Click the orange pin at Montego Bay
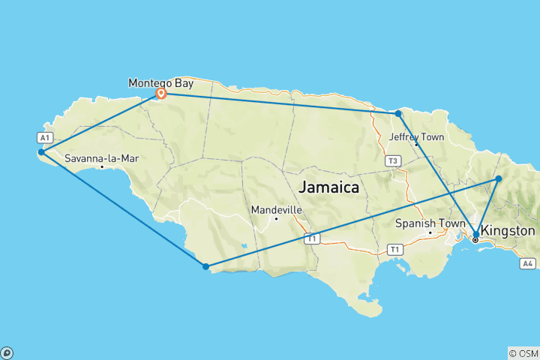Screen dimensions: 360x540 (160, 93)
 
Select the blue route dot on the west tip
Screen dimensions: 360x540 (41, 152)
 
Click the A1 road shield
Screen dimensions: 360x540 (44, 137)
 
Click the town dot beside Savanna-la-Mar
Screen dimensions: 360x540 (102, 166)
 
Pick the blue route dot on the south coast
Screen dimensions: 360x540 (205, 266)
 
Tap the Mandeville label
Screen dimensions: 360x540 (277, 209)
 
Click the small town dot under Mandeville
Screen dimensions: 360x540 (276, 218)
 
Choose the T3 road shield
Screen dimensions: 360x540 (391, 160)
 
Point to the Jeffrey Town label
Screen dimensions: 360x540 (416, 137)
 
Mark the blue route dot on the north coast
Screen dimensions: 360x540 (398, 113)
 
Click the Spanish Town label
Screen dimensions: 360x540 (424, 223)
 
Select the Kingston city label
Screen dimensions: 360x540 (508, 230)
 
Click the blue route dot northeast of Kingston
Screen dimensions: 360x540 (499, 178)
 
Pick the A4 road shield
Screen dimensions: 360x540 (528, 263)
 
